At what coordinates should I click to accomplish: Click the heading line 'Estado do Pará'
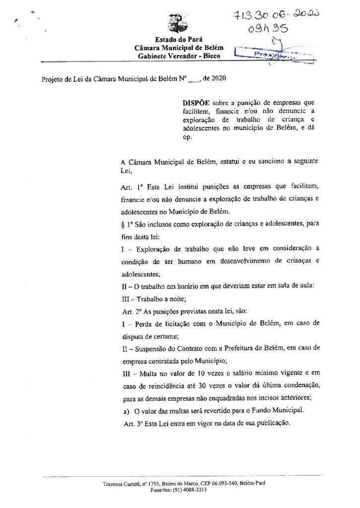pos(179,40)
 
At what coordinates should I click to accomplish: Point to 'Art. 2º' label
pos(131,311)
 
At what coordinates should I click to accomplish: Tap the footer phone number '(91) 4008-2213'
pos(190,489)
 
